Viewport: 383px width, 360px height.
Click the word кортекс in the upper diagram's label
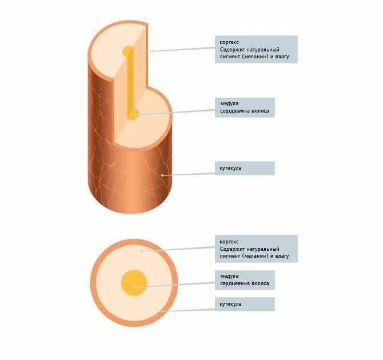[x=230, y=42]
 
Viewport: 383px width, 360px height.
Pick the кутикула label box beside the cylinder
[x=246, y=168]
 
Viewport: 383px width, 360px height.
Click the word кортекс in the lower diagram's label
[x=230, y=242]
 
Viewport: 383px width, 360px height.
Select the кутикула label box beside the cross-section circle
[x=246, y=304]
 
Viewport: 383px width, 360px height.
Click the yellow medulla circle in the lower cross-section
[x=134, y=283]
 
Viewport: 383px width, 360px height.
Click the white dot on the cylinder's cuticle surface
[x=162, y=174]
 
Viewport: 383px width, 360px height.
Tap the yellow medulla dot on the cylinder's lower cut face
[x=133, y=115]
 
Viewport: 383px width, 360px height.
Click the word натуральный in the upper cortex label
[x=264, y=49]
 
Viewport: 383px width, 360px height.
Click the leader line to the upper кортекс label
[x=177, y=50]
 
